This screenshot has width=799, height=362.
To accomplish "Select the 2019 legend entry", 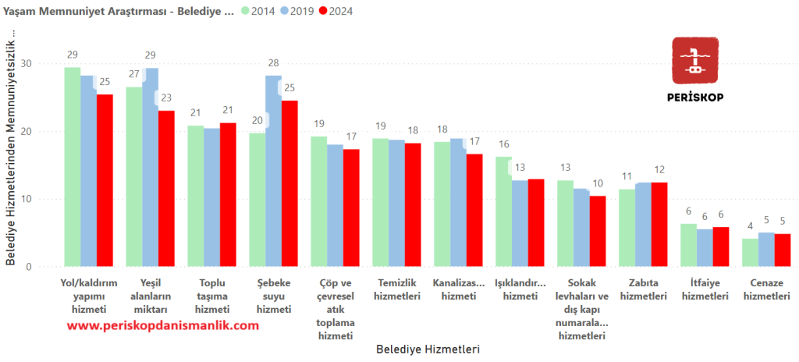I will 306,12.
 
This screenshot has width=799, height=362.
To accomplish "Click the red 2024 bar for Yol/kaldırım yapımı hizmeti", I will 105,180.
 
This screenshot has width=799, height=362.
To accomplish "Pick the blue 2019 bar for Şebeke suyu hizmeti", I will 274,171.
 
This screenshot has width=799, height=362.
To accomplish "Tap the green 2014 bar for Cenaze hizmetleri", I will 750,253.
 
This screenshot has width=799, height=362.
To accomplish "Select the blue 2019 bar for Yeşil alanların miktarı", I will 150,167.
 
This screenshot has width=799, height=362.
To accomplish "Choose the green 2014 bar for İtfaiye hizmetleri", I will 688,245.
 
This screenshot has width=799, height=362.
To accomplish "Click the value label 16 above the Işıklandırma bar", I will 504,144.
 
